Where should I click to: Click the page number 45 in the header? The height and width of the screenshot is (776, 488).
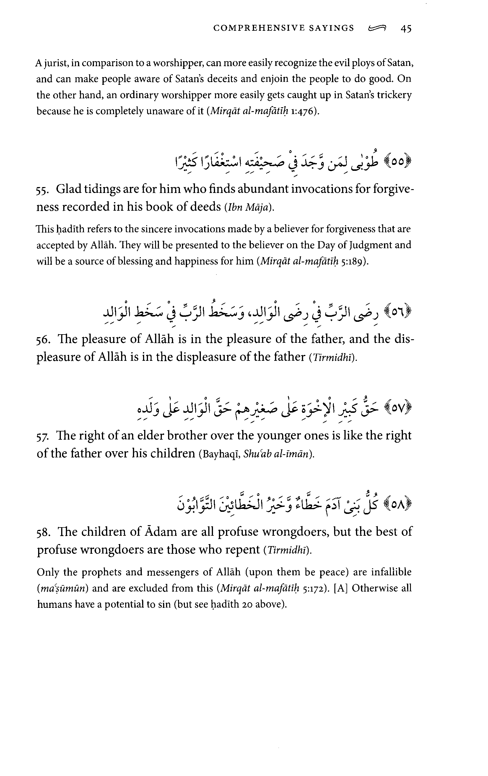[x=406, y=29]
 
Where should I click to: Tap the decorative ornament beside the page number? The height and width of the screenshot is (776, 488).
[x=377, y=29]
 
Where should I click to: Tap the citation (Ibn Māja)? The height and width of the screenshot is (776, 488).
[x=249, y=207]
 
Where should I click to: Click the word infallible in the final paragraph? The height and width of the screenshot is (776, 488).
[x=391, y=572]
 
